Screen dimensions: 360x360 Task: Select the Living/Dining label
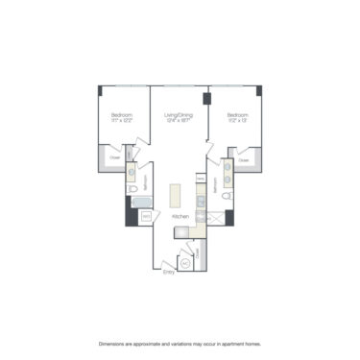180,115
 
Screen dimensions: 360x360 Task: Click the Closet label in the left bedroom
114,156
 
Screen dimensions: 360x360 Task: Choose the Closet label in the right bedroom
243,159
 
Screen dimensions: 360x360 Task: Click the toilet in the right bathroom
228,196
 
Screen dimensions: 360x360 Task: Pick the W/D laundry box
145,217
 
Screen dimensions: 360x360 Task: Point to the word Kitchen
180,218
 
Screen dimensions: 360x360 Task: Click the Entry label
169,272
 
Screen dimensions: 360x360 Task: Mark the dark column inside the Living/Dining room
205,100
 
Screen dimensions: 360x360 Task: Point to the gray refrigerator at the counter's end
201,228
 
